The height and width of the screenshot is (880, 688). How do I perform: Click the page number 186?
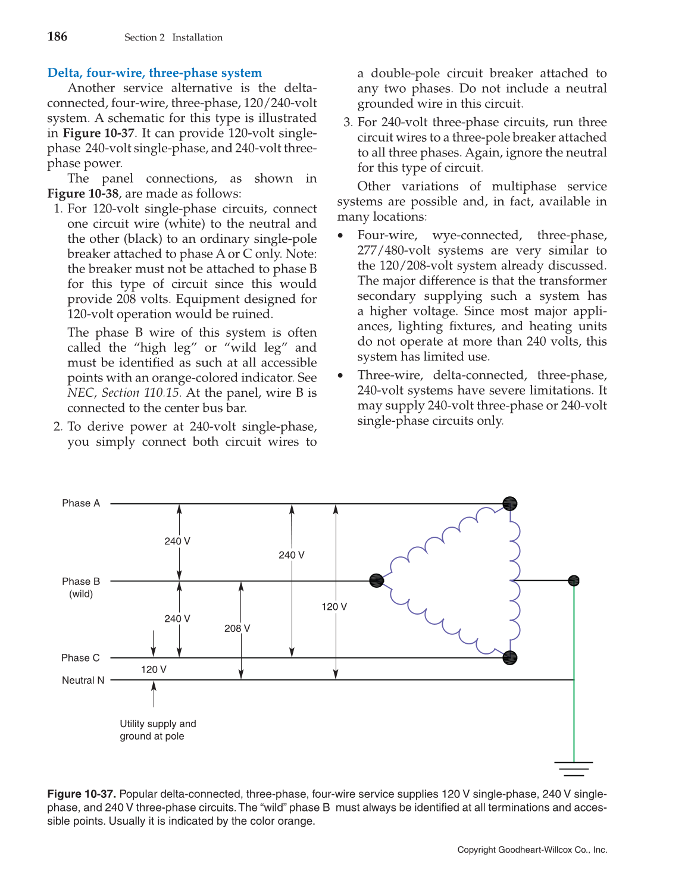pos(57,37)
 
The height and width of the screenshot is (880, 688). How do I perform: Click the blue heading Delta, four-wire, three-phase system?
pos(154,73)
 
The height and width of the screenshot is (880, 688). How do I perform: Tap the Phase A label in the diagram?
pos(81,503)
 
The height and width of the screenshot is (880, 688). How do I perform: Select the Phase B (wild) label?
pos(81,587)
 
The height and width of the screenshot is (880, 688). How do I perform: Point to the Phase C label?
pos(80,657)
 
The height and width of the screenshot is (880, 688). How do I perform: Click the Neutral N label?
pos(83,680)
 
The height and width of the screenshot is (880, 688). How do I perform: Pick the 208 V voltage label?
pos(237,628)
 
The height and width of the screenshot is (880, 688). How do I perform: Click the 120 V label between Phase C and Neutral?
pos(154,669)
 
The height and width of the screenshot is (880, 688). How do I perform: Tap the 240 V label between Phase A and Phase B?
pos(177,541)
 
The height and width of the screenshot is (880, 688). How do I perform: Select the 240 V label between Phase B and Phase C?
pos(177,619)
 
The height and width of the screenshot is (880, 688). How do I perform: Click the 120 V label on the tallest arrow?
pos(334,606)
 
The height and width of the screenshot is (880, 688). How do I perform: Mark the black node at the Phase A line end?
pos(509,504)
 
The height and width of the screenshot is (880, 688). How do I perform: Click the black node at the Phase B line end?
pos(376,581)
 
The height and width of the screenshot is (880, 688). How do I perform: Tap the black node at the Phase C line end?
pos(509,657)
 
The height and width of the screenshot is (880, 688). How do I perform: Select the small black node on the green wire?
pos(574,581)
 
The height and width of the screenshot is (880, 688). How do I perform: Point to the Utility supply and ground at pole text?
pos(158,730)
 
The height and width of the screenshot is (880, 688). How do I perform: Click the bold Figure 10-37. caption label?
pos(82,794)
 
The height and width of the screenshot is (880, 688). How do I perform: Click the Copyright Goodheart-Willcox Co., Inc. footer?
pos(532,850)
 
